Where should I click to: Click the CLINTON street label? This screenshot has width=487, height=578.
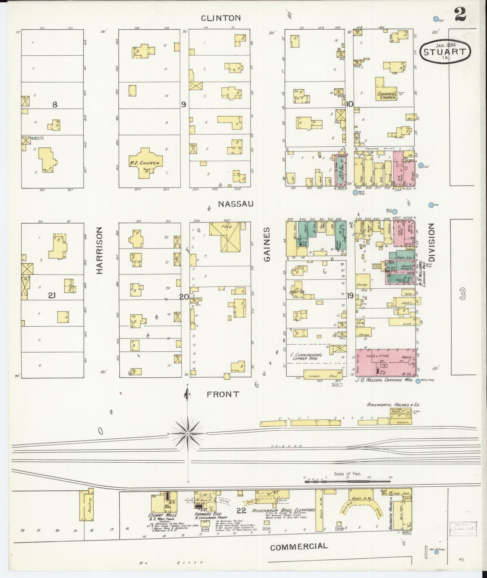221,18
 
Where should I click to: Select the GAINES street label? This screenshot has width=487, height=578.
267,244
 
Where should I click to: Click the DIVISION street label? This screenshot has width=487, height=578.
431,244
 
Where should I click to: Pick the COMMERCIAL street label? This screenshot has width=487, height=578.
299,546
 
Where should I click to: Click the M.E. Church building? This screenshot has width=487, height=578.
145,163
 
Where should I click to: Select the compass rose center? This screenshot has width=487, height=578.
188,433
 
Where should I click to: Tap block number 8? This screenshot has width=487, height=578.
54,105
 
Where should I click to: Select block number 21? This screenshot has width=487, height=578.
52,296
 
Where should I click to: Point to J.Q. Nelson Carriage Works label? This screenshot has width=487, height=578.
384,379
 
